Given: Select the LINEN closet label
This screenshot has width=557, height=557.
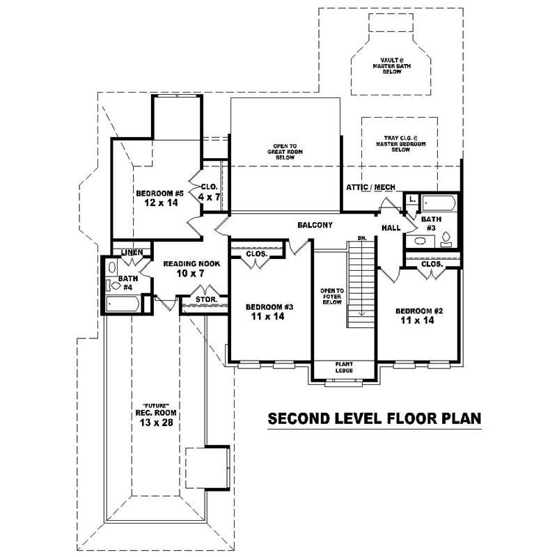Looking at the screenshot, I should click(132, 252).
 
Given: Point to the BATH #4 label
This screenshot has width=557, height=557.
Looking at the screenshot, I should click(127, 282).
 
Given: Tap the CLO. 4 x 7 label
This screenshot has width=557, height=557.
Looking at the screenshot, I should click(210, 192).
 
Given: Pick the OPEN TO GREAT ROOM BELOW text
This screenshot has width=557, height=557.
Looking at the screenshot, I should click(285, 152).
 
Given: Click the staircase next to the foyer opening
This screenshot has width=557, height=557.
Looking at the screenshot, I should click(361, 282).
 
